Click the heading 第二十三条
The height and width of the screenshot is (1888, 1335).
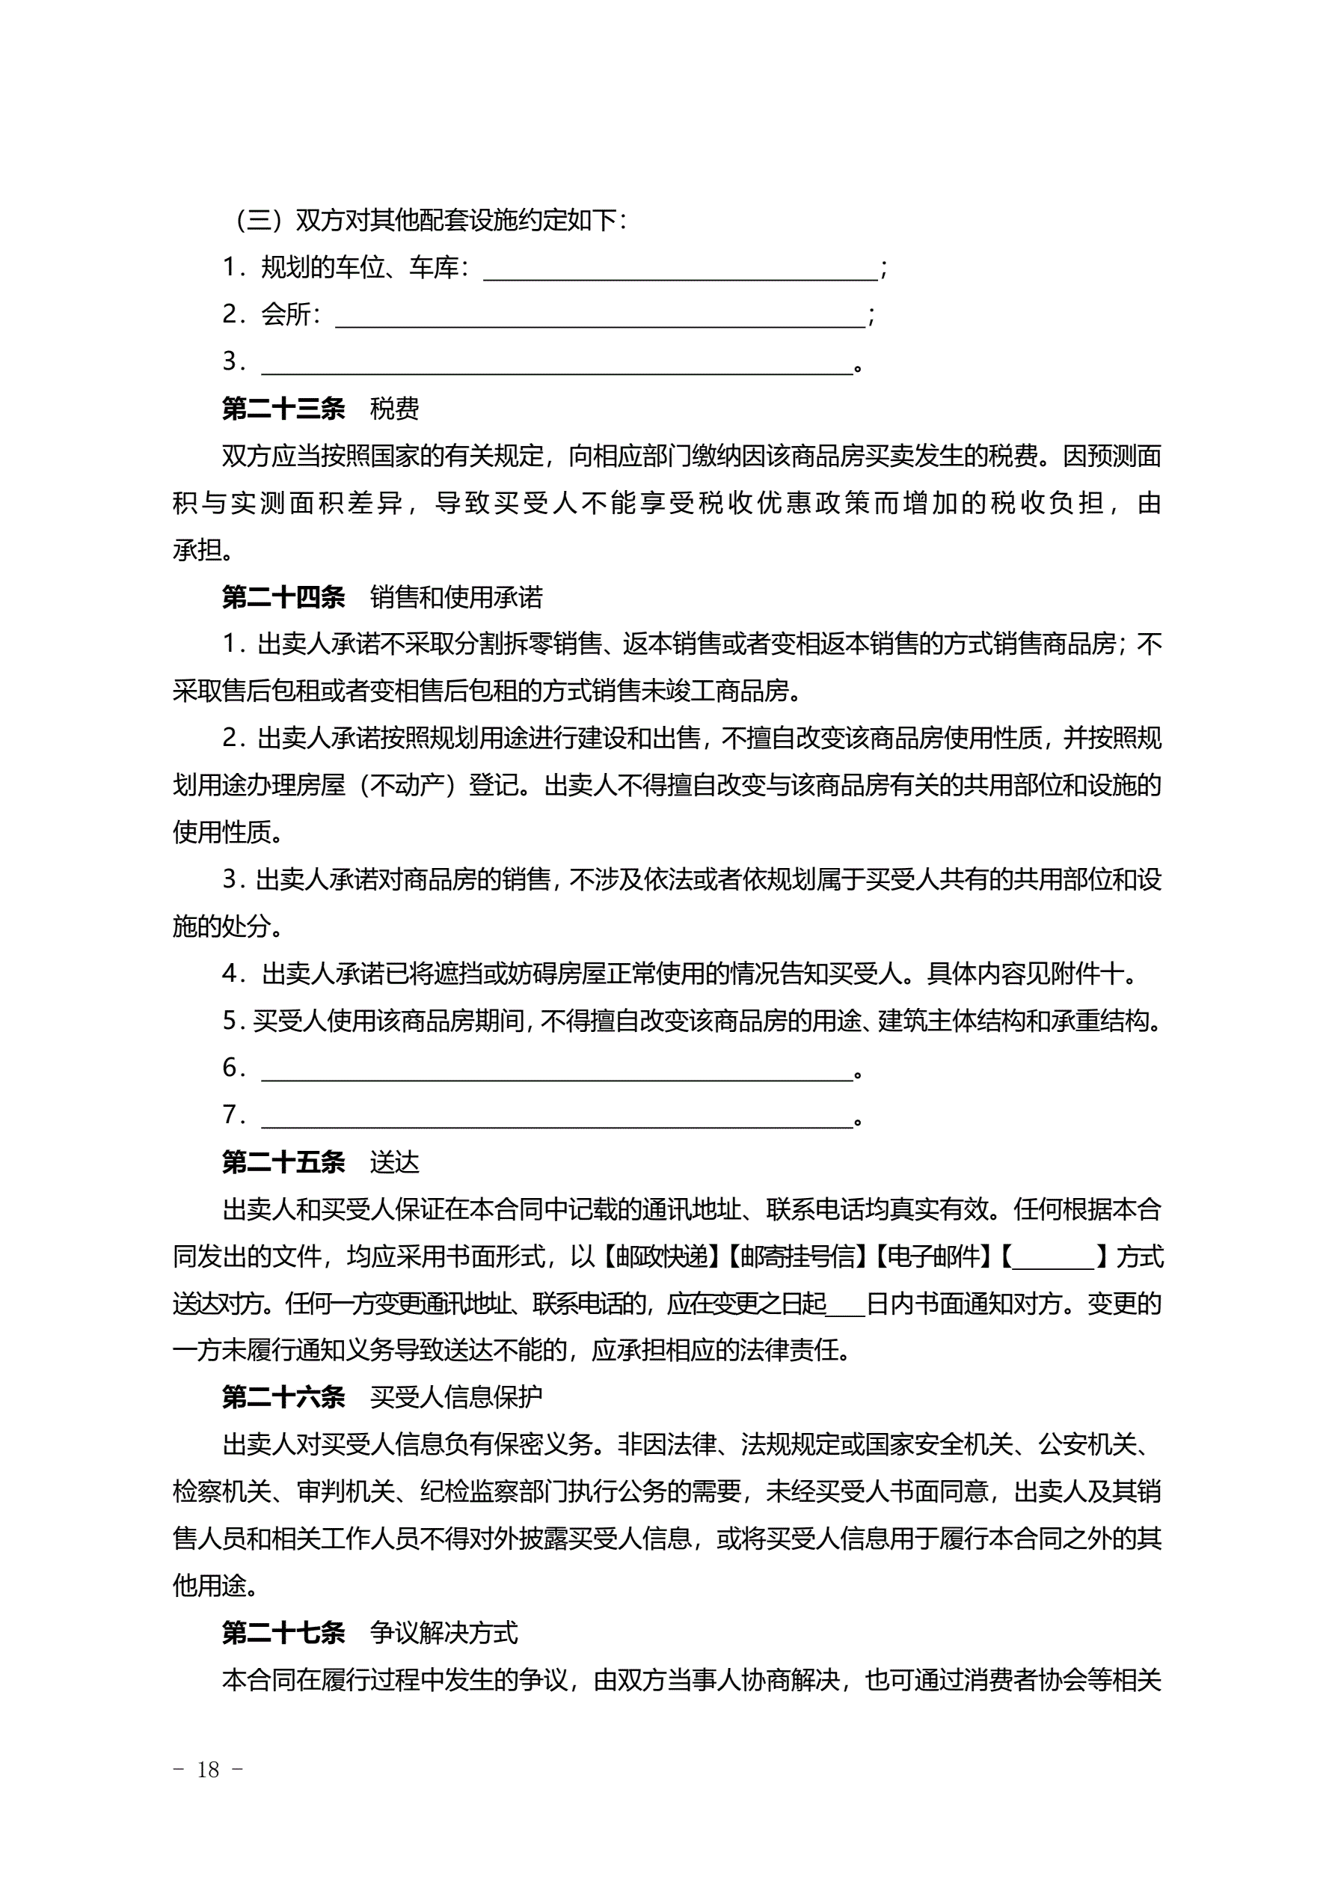point(283,409)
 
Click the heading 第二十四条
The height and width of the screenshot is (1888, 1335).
point(283,597)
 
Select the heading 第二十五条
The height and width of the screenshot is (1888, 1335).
point(283,1162)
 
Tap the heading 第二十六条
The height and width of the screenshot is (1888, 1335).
point(283,1396)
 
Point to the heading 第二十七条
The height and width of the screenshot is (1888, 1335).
point(283,1632)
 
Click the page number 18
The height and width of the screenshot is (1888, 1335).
point(209,1770)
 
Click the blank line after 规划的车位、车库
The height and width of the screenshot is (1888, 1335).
point(681,272)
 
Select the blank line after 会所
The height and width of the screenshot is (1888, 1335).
point(600,318)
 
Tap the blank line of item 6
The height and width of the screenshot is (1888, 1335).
point(556,1072)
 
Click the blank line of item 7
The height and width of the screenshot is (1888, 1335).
point(556,1118)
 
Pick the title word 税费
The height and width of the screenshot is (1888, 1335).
point(395,409)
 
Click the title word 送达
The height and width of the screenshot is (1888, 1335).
point(395,1162)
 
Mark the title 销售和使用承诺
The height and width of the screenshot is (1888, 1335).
point(456,597)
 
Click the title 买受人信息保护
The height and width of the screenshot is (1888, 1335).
point(456,1396)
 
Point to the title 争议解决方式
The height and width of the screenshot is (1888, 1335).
point(444,1632)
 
